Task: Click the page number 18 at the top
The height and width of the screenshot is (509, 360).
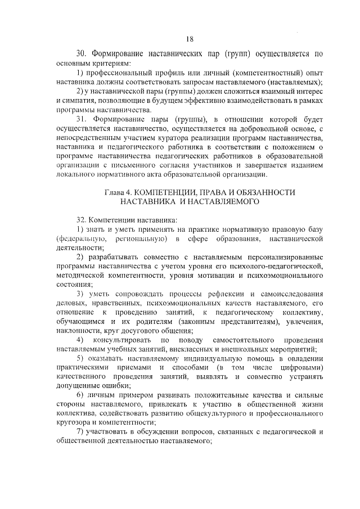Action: pos(189,39)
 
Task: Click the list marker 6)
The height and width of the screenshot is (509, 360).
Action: pos(81,394)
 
